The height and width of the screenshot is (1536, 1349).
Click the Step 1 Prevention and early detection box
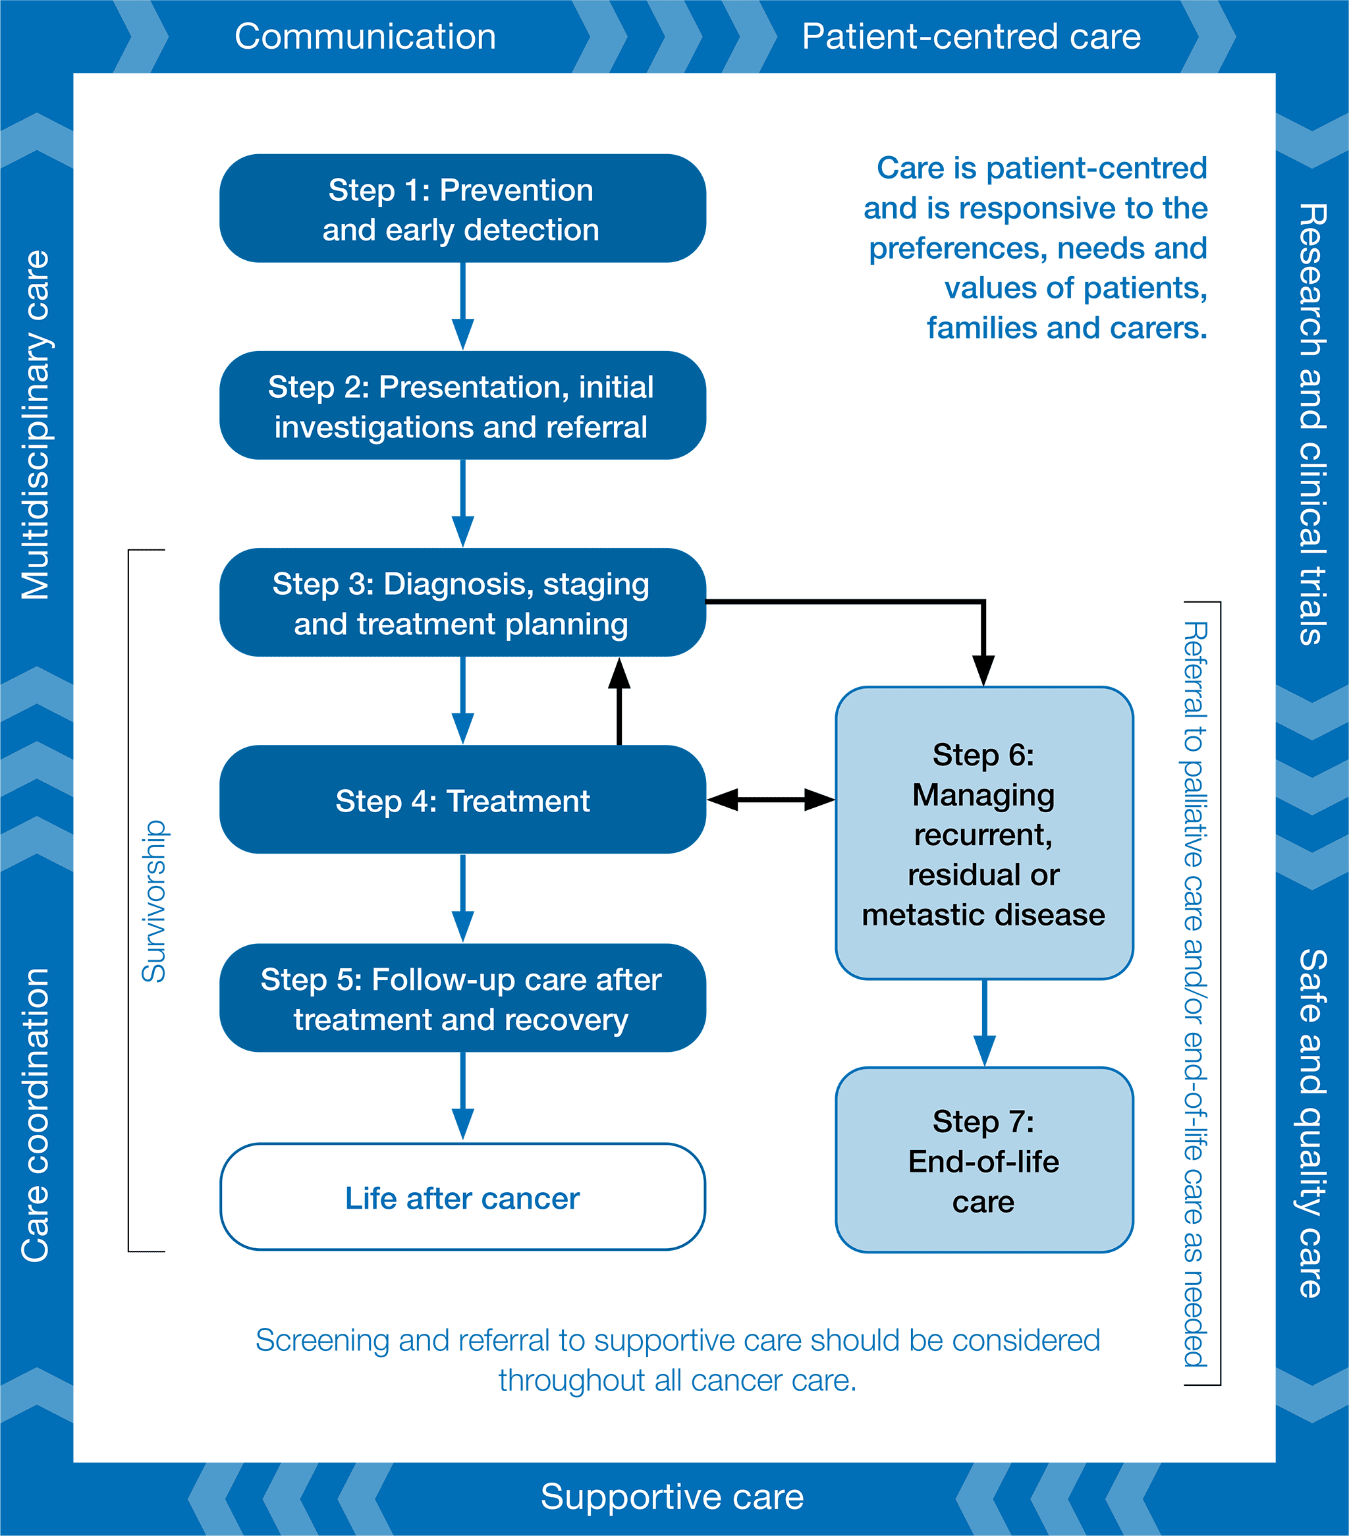tap(462, 209)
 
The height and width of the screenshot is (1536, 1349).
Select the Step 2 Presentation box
tap(462, 406)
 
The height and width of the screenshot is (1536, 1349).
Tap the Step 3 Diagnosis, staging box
tap(462, 603)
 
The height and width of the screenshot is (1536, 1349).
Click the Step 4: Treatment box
tap(462, 800)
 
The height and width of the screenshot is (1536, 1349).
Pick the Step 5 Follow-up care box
tap(462, 999)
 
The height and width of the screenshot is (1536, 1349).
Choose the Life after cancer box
tap(462, 1198)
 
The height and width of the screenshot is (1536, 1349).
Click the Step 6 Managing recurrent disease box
tap(983, 833)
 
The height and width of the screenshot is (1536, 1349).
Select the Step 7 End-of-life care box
tap(983, 1161)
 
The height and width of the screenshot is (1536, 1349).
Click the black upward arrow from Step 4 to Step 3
tap(619, 703)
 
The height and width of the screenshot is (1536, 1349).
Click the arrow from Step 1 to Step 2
tap(462, 306)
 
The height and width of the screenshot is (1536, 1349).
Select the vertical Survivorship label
tap(154, 902)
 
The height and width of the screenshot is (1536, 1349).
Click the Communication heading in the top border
tap(366, 37)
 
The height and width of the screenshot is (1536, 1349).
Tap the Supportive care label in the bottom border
tap(672, 1497)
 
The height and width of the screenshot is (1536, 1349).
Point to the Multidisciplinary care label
tap(36, 425)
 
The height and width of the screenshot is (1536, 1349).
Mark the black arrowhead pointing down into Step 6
tap(983, 669)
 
